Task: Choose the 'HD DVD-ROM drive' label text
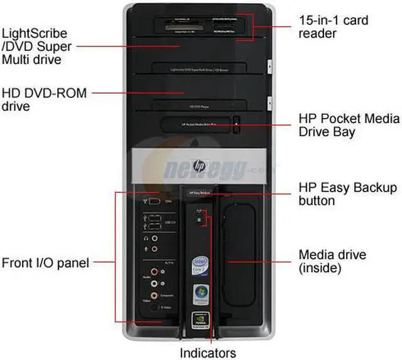tap(44, 100)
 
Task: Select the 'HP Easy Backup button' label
tap(347, 194)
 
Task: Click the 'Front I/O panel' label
tap(45, 262)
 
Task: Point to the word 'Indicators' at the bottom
tap(208, 352)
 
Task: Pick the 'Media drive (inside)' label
tap(332, 261)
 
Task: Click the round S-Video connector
tap(155, 308)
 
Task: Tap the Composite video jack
tap(155, 294)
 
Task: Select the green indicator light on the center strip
tap(199, 221)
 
